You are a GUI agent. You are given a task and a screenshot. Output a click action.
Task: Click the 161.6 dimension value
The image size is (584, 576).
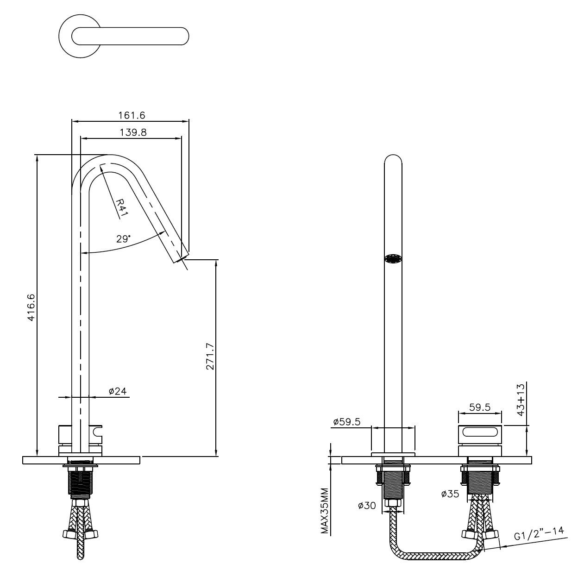click(132, 115)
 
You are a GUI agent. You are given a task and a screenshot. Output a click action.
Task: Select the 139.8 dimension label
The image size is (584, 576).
click(133, 132)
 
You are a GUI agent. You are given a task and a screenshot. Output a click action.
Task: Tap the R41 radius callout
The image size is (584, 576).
click(122, 207)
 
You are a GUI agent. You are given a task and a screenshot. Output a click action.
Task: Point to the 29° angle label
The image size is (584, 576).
click(123, 239)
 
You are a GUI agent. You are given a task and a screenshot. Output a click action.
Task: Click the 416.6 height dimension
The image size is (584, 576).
click(31, 307)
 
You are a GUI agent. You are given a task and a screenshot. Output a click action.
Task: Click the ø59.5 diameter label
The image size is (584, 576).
click(346, 422)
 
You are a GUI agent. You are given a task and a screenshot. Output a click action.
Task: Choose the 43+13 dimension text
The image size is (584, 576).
click(521, 399)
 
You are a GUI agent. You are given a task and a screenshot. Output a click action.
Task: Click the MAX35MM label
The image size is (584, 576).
click(325, 511)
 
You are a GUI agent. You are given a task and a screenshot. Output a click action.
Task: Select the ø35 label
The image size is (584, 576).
click(450, 495)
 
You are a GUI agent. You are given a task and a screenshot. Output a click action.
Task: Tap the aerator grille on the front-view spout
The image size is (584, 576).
click(393, 258)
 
